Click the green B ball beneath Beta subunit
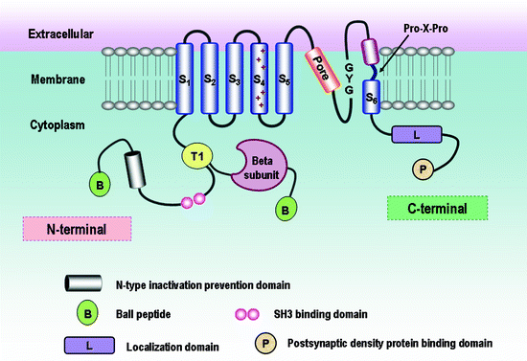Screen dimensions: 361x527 click(x=285, y=205)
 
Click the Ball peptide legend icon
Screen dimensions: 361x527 click(x=86, y=312)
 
